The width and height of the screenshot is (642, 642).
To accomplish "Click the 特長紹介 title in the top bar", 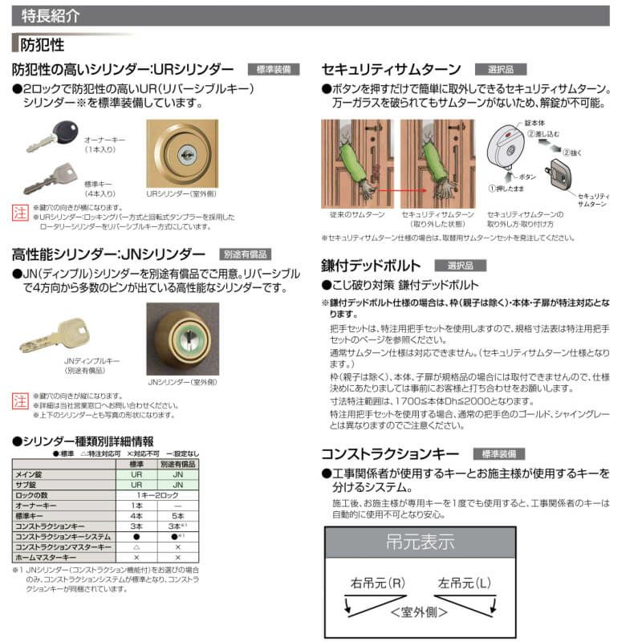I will (45, 15).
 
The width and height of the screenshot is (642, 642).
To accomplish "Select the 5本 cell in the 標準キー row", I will (178, 515).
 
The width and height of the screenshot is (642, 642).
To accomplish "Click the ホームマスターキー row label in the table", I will (46, 556).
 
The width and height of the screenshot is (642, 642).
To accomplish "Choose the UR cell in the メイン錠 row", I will (136, 475).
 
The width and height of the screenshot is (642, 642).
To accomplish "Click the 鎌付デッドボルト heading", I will (371, 265).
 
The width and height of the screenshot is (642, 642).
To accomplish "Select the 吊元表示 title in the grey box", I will (420, 542).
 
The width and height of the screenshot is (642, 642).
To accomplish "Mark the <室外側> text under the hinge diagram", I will (420, 612).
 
